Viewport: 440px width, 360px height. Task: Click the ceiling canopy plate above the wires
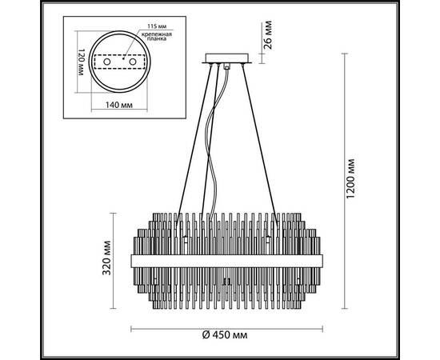pyautogui.click(x=227, y=58)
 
